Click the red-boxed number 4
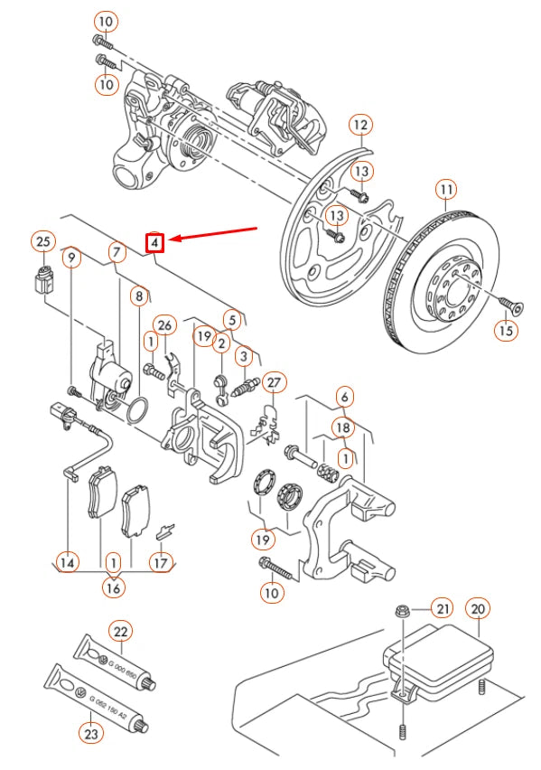[x=155, y=242]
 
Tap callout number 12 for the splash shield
[x=360, y=125]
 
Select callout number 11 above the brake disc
[x=446, y=190]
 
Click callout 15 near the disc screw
[x=506, y=330]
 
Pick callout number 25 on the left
[x=42, y=240]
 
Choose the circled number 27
[x=274, y=382]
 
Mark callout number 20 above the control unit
[x=479, y=609]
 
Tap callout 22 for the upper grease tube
[x=122, y=631]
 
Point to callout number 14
[x=68, y=562]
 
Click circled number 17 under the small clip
[x=160, y=562]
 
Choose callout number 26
[x=163, y=324]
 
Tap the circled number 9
[x=73, y=257]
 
